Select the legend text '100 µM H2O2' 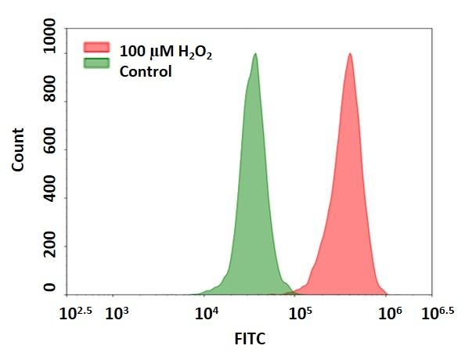(x=165, y=52)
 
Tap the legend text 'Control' (x=145, y=71)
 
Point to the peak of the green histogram (x=255, y=54)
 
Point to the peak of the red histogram (x=350, y=54)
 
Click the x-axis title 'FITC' (x=249, y=340)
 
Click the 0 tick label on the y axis (x=50, y=288)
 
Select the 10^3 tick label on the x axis (x=117, y=314)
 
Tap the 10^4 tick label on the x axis (x=207, y=314)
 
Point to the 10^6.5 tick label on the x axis (x=438, y=314)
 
